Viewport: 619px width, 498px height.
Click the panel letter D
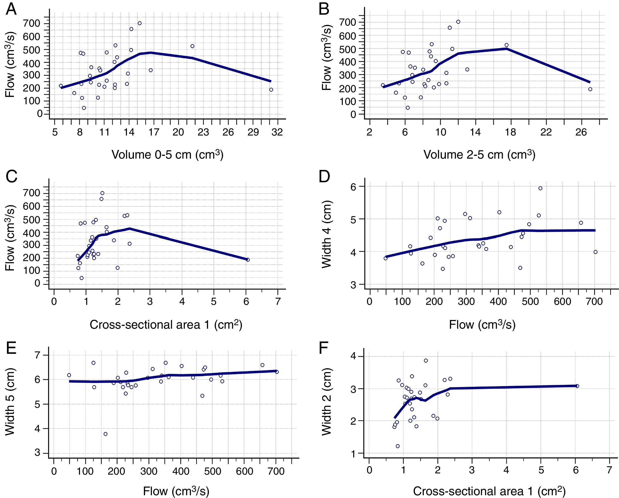click(324, 177)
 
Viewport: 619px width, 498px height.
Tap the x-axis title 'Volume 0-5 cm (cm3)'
click(167, 154)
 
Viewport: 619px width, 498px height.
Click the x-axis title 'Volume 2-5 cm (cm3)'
click(479, 154)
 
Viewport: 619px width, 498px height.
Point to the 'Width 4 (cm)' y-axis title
click(326, 234)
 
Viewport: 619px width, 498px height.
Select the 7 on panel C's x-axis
click(278, 302)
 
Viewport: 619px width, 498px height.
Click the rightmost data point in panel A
click(271, 90)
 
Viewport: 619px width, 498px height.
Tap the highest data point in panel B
click(458, 22)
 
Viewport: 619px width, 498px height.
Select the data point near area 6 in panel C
click(248, 260)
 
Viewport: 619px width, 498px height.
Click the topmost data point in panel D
click(540, 188)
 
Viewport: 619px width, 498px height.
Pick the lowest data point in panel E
click(105, 434)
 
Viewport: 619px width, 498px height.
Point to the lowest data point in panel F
click(398, 446)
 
